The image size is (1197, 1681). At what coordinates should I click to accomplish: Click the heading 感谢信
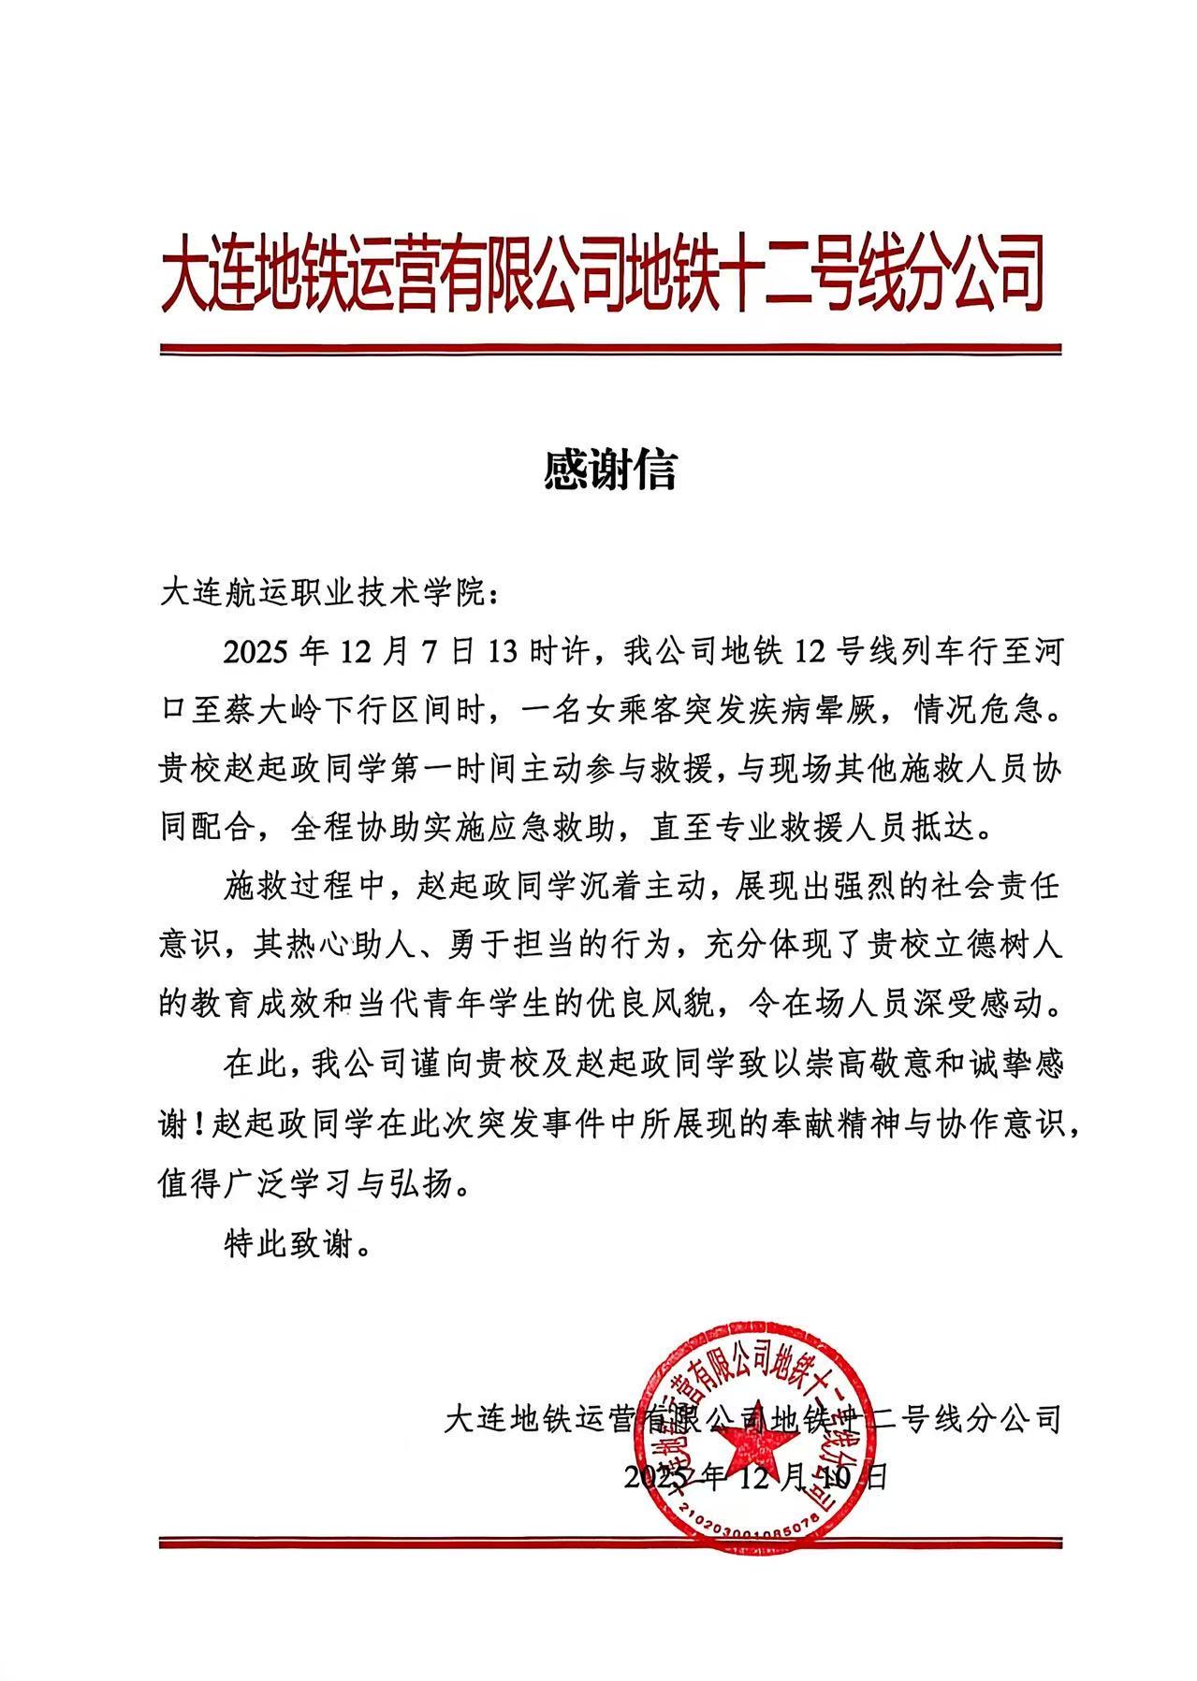(x=609, y=471)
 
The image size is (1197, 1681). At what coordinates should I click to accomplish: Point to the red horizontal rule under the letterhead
(x=610, y=350)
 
